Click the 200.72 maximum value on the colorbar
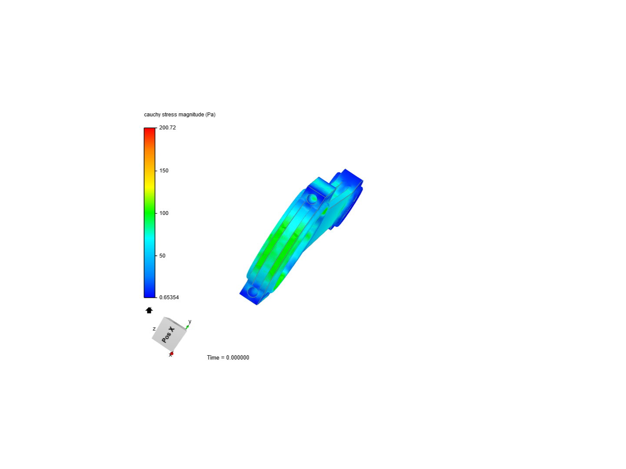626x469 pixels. point(167,128)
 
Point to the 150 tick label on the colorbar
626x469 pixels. point(164,171)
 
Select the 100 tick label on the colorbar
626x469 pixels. point(164,213)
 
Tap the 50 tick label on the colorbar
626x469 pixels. point(162,256)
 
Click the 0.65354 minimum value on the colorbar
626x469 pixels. point(169,297)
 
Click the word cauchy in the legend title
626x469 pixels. point(152,115)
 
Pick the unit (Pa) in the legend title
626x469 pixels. point(210,115)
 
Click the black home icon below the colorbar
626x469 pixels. point(149,310)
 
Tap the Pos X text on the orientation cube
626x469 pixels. point(168,335)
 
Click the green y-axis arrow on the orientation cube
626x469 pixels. point(187,327)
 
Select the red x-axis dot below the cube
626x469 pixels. point(171,354)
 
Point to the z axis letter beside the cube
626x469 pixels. point(154,329)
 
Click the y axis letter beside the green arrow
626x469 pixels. point(190,321)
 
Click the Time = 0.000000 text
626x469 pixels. point(228,358)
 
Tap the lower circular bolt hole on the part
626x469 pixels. point(253,291)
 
